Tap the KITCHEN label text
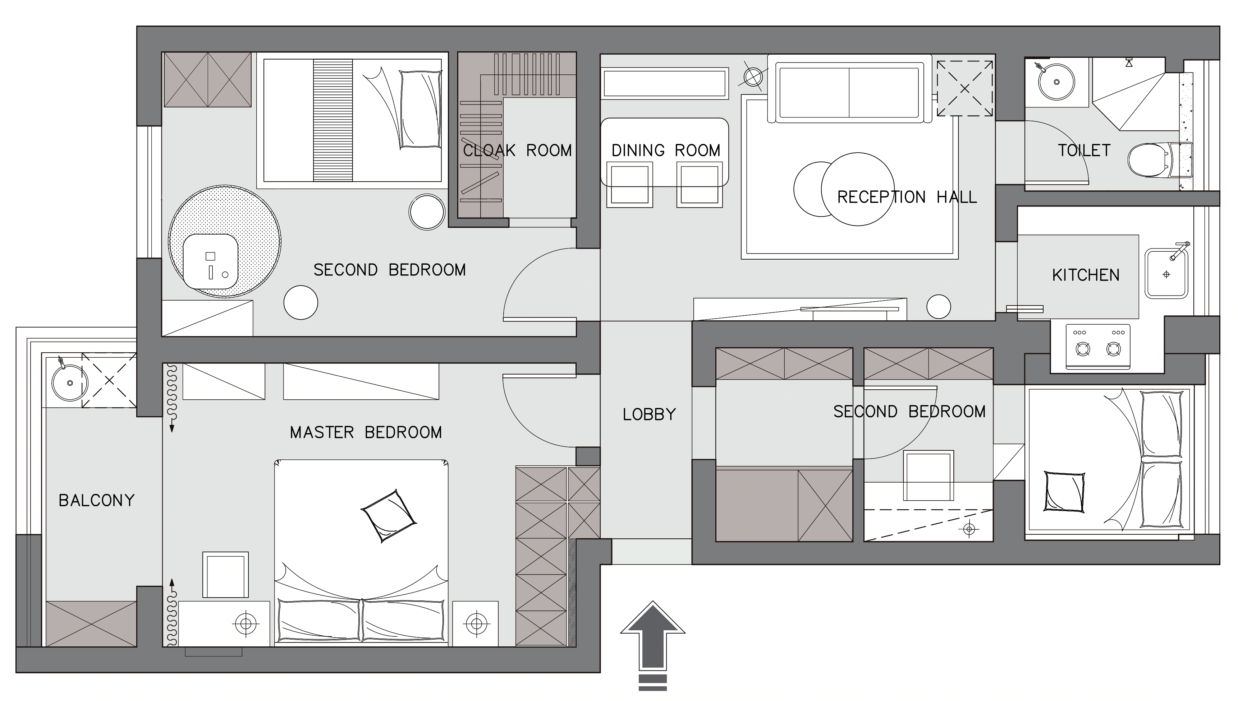pos(1086,275)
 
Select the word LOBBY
pos(649,414)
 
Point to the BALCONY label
pos(96,500)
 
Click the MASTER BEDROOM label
pos(366,432)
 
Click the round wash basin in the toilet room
pos(1056,82)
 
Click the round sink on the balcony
pos(70,383)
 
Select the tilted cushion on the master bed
pos(389,516)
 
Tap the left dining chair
pos(629,184)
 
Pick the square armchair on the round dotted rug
pos(211,261)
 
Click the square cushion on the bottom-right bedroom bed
pos(1064,491)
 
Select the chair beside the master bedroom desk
pos(225,575)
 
